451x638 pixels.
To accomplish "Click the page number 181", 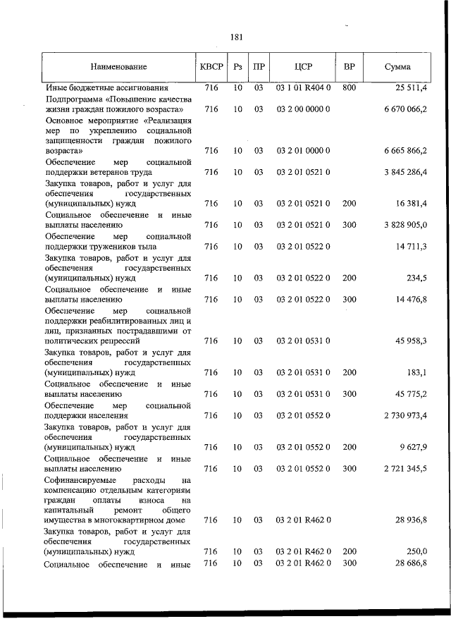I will click(236, 37).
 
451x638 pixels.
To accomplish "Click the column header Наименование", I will click(118, 67).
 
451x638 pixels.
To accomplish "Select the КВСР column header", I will click(211, 67).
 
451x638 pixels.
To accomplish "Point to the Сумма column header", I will click(398, 67).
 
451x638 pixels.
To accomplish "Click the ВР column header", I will click(349, 67).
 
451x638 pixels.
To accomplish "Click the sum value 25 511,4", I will click(407, 88).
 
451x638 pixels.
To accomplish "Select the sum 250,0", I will click(414, 551).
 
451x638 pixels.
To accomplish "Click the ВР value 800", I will click(349, 88).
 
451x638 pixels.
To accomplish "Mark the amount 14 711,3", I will click(409, 246).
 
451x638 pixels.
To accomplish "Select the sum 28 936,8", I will click(409, 520).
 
